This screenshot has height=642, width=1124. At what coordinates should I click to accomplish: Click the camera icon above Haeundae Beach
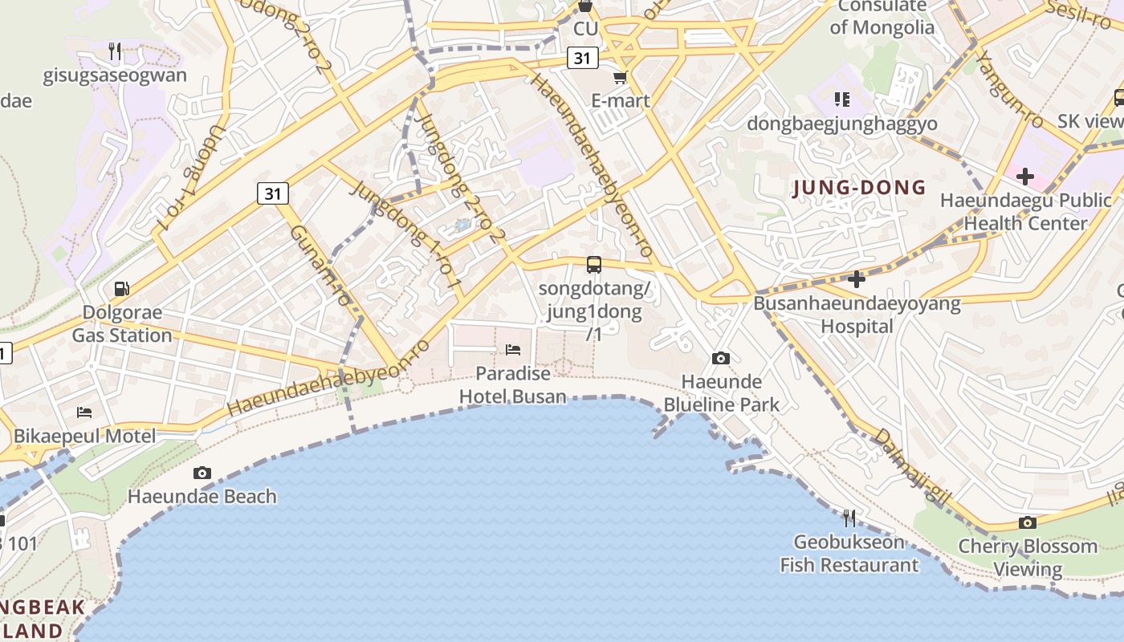202,473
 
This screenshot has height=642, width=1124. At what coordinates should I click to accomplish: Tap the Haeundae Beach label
202,497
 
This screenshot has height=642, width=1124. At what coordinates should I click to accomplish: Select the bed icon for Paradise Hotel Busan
513,349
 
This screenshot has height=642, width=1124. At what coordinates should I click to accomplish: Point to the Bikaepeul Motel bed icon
84,412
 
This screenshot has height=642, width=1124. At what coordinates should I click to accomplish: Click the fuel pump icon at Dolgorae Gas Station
122,288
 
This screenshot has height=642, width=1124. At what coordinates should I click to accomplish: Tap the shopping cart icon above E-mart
620,78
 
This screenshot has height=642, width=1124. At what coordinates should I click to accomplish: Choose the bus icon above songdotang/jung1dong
594,264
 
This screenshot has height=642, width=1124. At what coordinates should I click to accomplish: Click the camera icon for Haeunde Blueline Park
721,358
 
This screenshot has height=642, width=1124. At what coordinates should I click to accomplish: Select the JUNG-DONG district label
859,189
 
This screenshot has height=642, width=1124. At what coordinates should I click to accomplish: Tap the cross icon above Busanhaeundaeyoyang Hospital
857,279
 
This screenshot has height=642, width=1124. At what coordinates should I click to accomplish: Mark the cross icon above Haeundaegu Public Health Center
1025,177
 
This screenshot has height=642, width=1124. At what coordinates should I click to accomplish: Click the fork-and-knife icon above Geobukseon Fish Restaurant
849,518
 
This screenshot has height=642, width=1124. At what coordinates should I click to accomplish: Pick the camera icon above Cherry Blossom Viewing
1028,523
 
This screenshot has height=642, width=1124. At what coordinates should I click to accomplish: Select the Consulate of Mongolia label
882,17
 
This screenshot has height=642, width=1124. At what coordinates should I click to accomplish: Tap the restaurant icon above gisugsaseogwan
115,52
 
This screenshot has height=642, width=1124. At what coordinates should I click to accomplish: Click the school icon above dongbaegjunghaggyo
841,100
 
